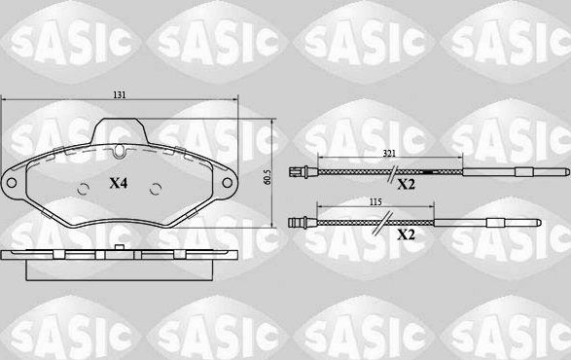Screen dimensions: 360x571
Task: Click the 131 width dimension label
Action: pyautogui.click(x=119, y=94)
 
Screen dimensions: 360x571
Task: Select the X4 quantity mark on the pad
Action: pyautogui.click(x=118, y=183)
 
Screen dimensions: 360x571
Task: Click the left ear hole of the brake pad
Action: pyautogui.click(x=13, y=182)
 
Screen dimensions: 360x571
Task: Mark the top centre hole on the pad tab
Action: pyautogui.click(x=119, y=150)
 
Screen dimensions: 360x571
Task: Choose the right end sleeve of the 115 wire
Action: pyautogui.click(x=507, y=222)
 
